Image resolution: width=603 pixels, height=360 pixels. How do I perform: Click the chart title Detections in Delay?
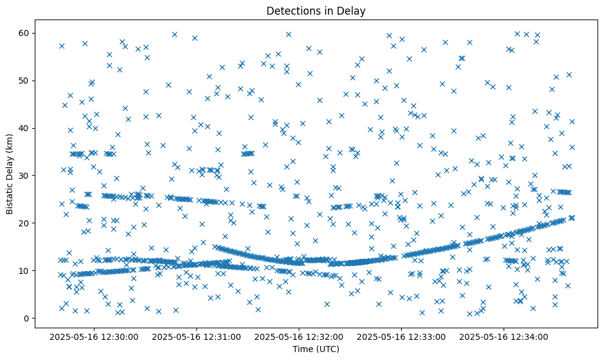click(x=316, y=11)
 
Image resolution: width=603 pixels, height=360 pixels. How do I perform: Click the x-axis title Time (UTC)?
click(x=316, y=350)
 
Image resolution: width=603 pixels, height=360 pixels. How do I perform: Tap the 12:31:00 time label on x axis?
click(x=198, y=336)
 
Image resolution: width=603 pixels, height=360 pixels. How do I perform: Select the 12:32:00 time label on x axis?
click(x=299, y=336)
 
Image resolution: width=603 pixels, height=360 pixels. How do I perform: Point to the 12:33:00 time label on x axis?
click(x=402, y=336)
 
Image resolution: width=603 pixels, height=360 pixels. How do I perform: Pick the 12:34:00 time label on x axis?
click(x=504, y=336)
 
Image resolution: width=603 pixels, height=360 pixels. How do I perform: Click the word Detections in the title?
click(x=292, y=11)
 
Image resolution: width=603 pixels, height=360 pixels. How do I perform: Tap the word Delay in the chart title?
click(x=352, y=11)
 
